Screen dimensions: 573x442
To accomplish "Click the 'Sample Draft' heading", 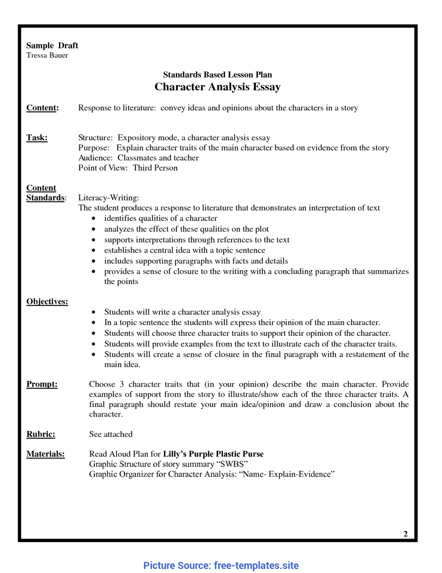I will tap(52, 45).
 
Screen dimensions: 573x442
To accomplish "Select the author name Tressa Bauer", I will tap(47, 55).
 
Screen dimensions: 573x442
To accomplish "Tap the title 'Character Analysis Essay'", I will tap(217, 87).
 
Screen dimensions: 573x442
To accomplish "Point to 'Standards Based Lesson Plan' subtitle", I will tap(217, 75).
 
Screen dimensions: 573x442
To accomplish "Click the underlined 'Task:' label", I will tap(37, 138).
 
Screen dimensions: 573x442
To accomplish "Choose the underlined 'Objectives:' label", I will tap(47, 301).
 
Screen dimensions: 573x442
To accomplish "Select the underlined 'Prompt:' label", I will tap(42, 384).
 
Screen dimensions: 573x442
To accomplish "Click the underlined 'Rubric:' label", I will tap(41, 434).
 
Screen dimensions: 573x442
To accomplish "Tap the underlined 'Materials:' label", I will tap(45, 454).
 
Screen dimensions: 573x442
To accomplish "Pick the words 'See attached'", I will tap(111, 434).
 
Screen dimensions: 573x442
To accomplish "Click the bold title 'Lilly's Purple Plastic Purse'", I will tap(213, 454).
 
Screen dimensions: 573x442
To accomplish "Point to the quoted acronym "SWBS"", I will tap(232, 464).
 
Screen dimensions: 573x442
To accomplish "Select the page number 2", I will tap(406, 534).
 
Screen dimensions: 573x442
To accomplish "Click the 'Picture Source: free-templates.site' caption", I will tap(221, 565).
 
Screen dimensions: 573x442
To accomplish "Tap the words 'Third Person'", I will tap(155, 168).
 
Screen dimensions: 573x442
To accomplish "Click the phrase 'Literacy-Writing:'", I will tap(109, 198).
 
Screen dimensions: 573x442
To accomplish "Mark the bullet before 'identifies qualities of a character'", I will tap(94, 219).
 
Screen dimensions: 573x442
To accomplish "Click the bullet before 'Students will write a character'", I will tap(94, 312).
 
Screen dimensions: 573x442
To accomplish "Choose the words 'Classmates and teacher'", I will tap(158, 158).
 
